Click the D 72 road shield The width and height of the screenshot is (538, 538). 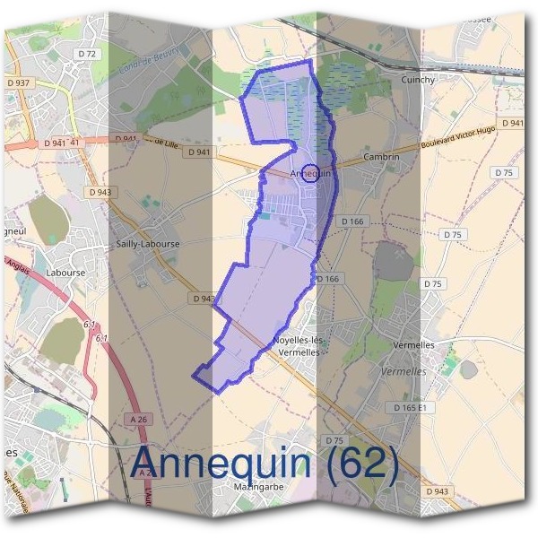87,54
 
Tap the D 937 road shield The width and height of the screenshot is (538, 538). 19,82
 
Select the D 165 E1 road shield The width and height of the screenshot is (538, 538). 412,407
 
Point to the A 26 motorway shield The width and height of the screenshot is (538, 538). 137,419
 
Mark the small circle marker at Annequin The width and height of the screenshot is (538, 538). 309,172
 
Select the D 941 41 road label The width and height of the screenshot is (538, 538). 62,142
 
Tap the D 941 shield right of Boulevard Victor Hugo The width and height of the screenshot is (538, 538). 512,123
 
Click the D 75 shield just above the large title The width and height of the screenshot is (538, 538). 334,440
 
